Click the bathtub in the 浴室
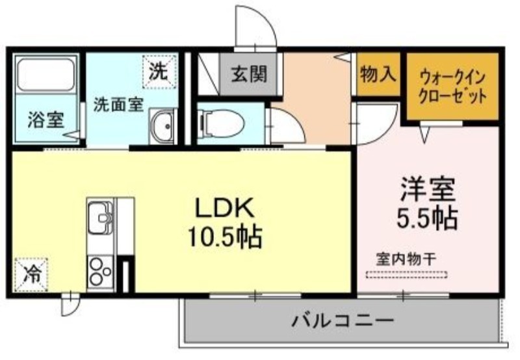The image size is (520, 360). [x=45, y=75]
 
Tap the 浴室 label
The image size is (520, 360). [x=45, y=120]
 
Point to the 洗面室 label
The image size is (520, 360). [x=118, y=105]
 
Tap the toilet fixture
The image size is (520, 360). [x=220, y=123]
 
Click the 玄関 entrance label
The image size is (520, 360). [x=249, y=74]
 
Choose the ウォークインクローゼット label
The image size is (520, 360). [x=452, y=87]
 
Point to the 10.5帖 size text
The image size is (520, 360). [x=225, y=237]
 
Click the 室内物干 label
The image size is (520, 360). [x=406, y=259]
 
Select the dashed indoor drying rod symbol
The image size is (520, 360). [x=407, y=274]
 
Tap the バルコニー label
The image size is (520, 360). [x=343, y=320]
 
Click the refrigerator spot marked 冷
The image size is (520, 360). [x=31, y=275]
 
